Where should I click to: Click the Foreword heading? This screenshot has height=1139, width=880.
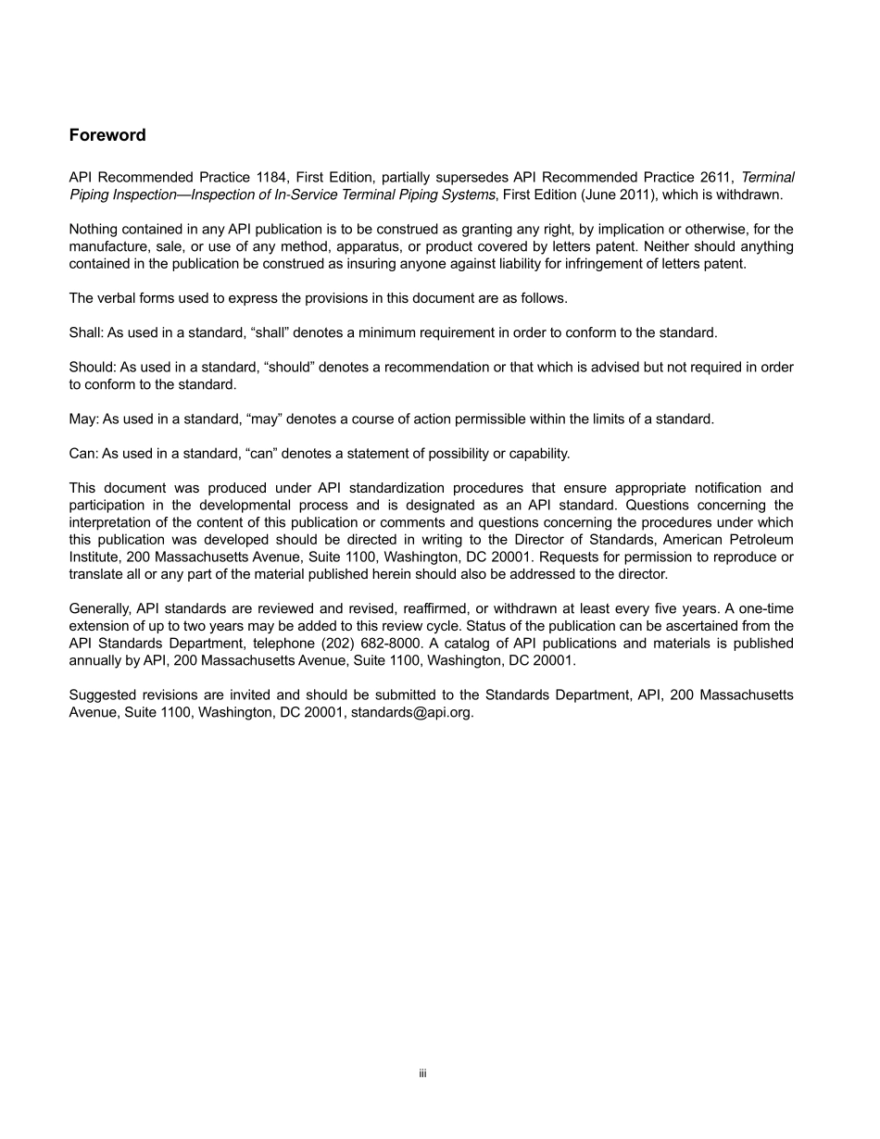pos(107,135)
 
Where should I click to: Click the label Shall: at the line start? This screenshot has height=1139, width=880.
pos(87,332)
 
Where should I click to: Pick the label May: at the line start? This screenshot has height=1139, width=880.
pos(83,419)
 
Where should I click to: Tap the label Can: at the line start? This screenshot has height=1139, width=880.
pos(83,454)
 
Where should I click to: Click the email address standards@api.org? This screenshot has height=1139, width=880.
pos(412,713)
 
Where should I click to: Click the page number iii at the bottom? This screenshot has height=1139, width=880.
pos(421,1073)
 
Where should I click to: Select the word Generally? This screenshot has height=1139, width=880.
pos(101,608)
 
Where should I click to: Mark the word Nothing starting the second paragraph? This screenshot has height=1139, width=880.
pos(95,229)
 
